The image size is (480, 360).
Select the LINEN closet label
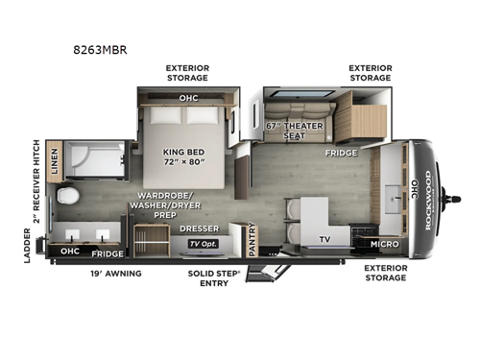pyautogui.click(x=54, y=159)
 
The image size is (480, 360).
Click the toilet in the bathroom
pyautogui.click(x=67, y=198)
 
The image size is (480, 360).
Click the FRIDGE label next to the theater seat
pyautogui.click(x=341, y=153)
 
